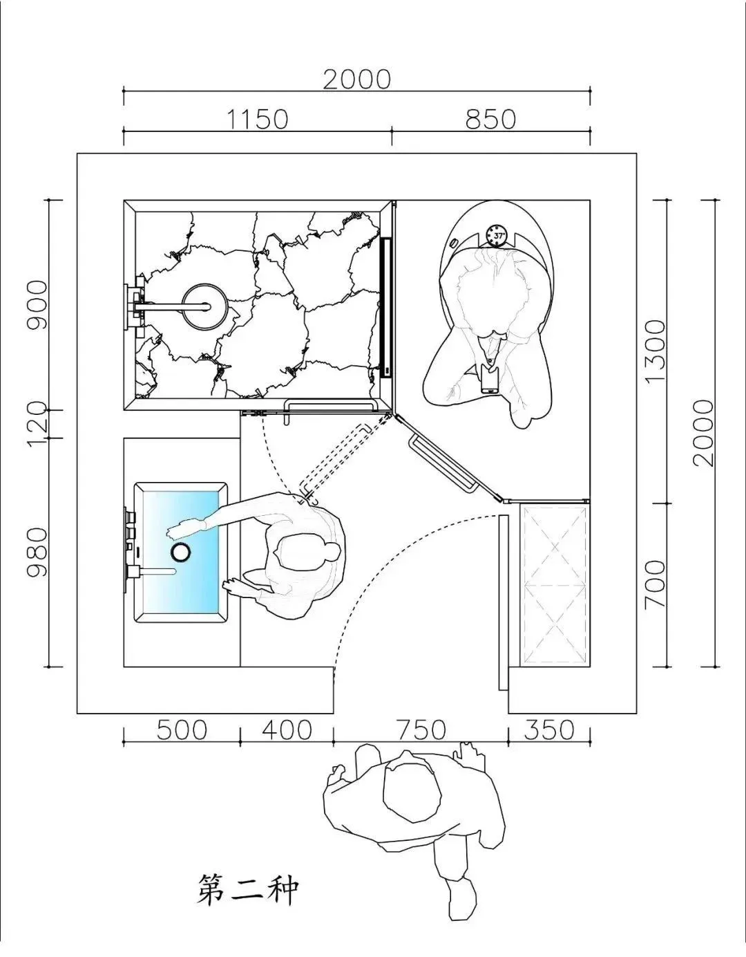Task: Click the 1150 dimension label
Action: click(x=258, y=119)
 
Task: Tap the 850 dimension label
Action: click(x=490, y=119)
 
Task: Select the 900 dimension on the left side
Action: click(x=37, y=305)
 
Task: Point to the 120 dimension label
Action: click(x=37, y=424)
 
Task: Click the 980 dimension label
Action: click(x=37, y=552)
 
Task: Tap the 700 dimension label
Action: click(x=655, y=584)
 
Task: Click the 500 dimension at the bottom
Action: click(x=182, y=730)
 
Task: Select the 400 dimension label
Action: click(x=287, y=730)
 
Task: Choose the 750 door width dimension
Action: click(x=421, y=730)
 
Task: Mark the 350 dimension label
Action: click(x=549, y=730)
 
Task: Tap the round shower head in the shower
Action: click(x=205, y=306)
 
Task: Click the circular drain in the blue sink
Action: click(x=180, y=551)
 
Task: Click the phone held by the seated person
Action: click(x=490, y=379)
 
